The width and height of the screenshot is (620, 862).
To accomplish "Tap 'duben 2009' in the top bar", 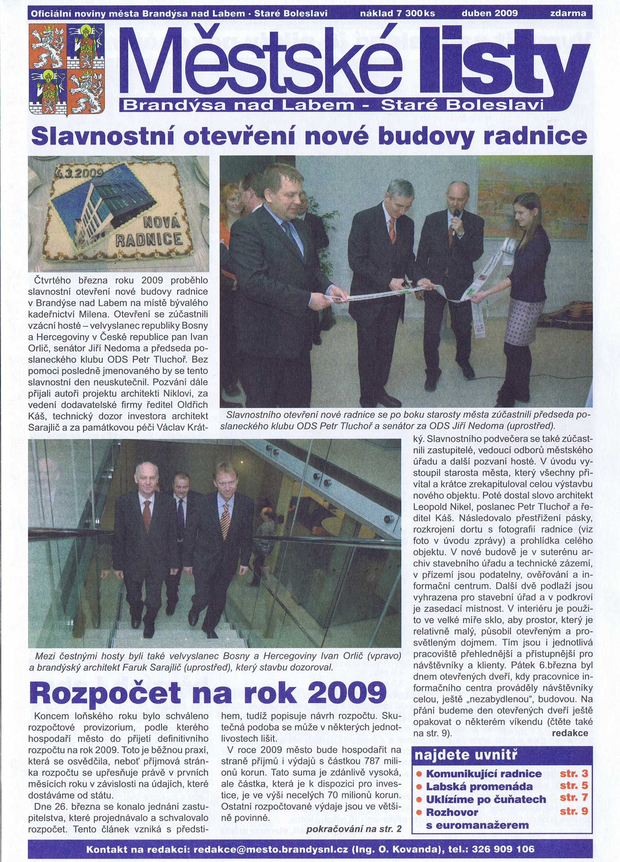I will [489, 13].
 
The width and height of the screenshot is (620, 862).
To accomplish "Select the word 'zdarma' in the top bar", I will [568, 13].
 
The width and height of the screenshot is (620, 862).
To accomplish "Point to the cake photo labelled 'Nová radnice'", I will [118, 213].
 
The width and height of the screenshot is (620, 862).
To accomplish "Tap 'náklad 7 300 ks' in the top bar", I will [397, 13].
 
